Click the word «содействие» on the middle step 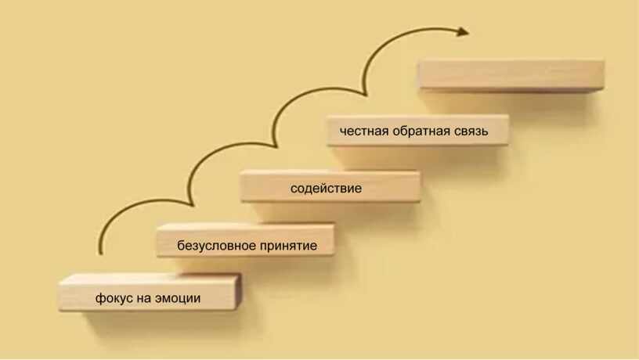(x=326, y=189)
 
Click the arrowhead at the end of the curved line (x=463, y=31)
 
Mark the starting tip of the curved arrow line (x=101, y=254)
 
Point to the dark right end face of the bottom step (x=238, y=291)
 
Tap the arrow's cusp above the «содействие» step (x=276, y=146)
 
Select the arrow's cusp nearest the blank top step (x=366, y=95)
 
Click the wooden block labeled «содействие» (x=330, y=186)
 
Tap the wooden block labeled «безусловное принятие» (x=246, y=239)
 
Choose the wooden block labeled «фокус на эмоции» (x=150, y=293)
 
